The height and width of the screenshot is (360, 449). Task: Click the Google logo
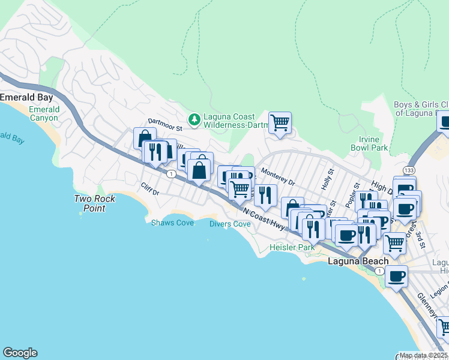pyautogui.click(x=20, y=353)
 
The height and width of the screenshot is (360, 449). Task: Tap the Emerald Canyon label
pyautogui.click(x=44, y=113)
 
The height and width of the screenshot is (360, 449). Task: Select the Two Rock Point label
pyautogui.click(x=90, y=203)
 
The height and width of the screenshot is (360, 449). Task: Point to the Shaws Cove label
pyautogui.click(x=172, y=223)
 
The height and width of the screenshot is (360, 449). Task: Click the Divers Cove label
pyautogui.click(x=230, y=224)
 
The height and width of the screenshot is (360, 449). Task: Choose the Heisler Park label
pyautogui.click(x=292, y=247)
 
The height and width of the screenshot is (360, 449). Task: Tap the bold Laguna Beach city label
pyautogui.click(x=358, y=261)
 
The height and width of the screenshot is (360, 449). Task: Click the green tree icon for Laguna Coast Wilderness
pyautogui.click(x=194, y=121)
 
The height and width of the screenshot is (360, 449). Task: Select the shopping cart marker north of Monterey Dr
pyautogui.click(x=280, y=123)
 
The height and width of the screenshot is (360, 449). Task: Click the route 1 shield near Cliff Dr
pyautogui.click(x=172, y=174)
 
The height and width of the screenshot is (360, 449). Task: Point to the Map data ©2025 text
pyautogui.click(x=423, y=355)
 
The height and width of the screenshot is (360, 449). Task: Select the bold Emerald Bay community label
pyautogui.click(x=26, y=97)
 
